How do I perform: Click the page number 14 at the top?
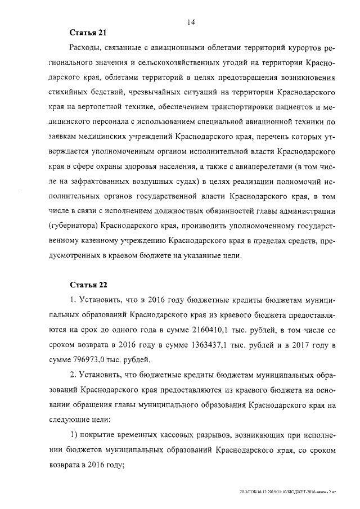pyautogui.click(x=191, y=22)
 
